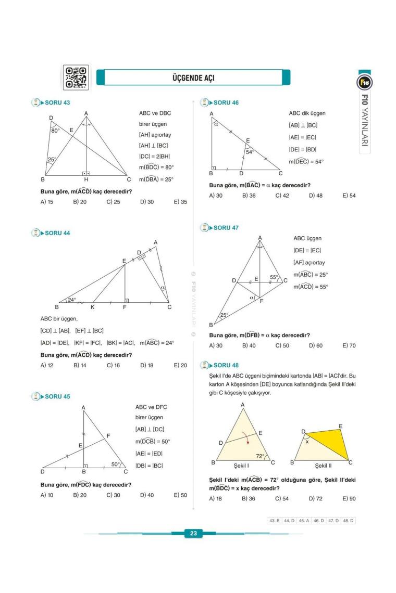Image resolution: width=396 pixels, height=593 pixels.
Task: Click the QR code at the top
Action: [x=76, y=77]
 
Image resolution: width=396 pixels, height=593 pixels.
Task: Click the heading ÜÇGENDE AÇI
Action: [x=193, y=78]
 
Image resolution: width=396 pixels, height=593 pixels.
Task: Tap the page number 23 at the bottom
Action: [x=193, y=533]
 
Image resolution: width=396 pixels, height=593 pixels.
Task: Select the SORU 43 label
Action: [x=57, y=102]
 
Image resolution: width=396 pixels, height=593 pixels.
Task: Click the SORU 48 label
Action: [x=226, y=365]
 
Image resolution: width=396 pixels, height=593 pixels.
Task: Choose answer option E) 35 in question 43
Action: [x=180, y=202]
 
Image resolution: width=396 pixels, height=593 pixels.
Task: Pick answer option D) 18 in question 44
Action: [x=146, y=365]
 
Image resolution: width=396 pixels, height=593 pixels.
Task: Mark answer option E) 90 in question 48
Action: [x=349, y=498]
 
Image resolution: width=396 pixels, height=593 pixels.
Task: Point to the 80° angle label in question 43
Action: [x=56, y=131]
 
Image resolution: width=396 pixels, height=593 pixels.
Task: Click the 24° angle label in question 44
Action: [x=71, y=300]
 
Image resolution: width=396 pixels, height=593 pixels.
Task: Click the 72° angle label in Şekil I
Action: [x=260, y=456]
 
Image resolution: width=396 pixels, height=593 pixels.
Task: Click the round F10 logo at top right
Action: [x=364, y=82]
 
